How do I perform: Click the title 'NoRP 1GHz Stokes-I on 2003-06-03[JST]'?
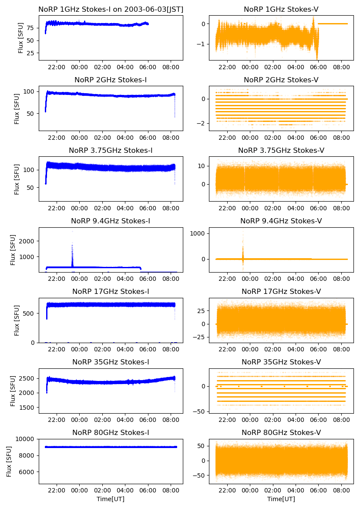click(x=111, y=9)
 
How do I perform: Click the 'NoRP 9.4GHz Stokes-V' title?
click(x=281, y=221)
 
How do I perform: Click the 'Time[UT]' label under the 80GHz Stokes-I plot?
click(x=111, y=499)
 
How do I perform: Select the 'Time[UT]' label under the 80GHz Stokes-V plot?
click(x=281, y=499)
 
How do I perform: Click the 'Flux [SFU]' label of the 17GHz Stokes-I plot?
click(x=17, y=320)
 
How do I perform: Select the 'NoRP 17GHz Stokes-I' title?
click(x=111, y=291)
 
